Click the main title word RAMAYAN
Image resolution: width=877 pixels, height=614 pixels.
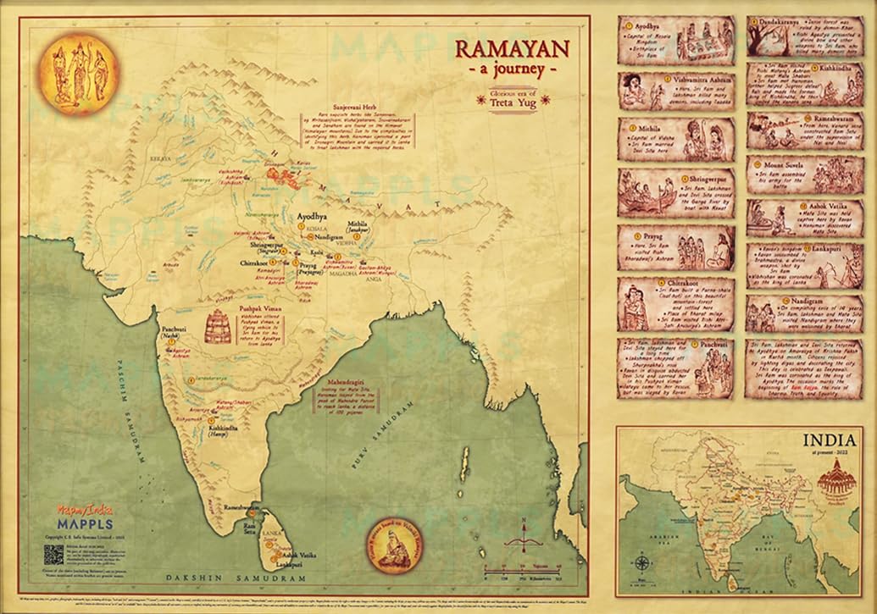click(x=513, y=48)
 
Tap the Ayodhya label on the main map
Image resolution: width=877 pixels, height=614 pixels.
click(x=310, y=217)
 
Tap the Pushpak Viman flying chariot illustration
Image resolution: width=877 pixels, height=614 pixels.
click(x=219, y=325)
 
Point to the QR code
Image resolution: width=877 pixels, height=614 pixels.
click(x=54, y=555)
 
